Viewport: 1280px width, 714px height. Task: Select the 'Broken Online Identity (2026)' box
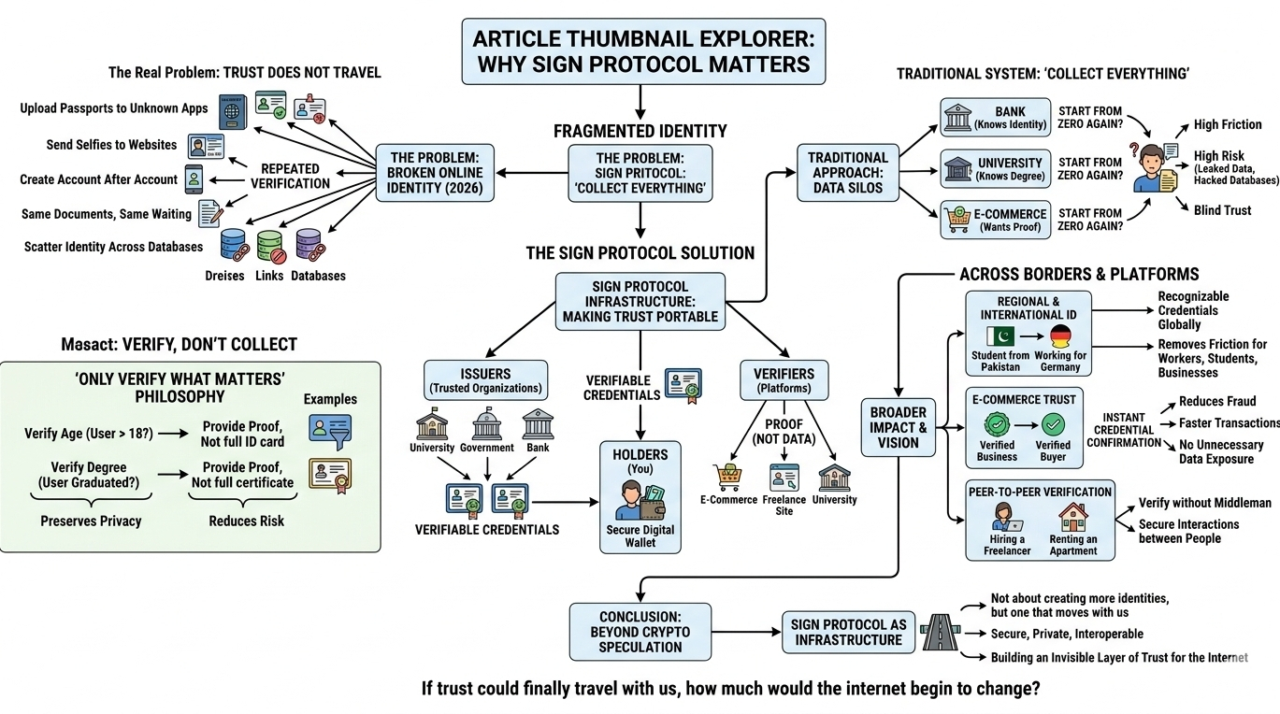(435, 173)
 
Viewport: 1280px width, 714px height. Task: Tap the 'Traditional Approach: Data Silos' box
(848, 173)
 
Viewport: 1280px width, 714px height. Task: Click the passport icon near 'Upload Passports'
(232, 111)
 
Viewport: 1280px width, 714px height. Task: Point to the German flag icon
(1060, 336)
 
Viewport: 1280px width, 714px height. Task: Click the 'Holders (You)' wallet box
(640, 498)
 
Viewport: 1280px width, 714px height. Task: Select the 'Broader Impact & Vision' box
(898, 427)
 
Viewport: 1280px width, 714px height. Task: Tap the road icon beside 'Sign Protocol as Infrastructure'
(939, 631)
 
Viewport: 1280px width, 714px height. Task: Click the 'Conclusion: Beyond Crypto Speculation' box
(640, 633)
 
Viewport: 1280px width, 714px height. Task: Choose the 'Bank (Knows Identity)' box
(995, 118)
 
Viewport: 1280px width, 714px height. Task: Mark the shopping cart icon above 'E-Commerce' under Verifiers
(728, 478)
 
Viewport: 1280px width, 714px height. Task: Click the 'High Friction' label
(1228, 124)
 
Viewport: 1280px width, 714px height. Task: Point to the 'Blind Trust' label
(1222, 210)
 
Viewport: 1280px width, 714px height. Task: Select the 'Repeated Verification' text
(290, 176)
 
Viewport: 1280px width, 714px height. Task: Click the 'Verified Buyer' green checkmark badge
(1054, 426)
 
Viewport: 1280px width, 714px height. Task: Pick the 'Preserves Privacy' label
(90, 521)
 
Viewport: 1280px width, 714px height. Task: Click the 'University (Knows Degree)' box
(995, 169)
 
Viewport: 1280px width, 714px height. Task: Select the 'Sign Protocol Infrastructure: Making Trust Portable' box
(640, 301)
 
